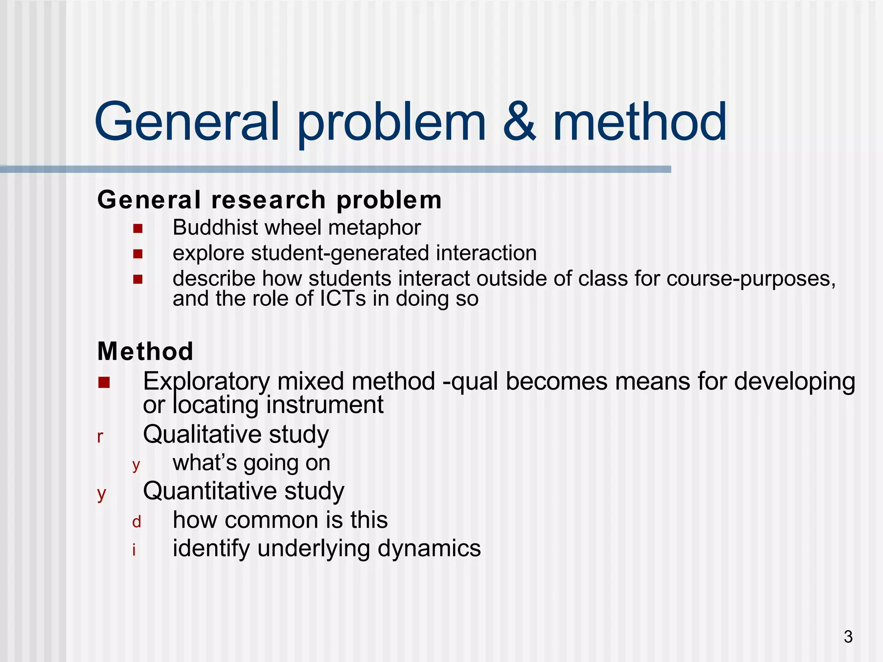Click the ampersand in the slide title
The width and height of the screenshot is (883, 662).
(520, 122)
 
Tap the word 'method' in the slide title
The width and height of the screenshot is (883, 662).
(640, 122)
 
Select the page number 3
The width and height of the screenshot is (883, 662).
(848, 637)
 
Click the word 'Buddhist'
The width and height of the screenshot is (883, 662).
(215, 228)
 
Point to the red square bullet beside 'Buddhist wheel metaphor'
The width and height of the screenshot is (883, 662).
(138, 228)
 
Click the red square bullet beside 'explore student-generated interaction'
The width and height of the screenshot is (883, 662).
(138, 254)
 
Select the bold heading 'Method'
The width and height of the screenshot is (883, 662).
(145, 351)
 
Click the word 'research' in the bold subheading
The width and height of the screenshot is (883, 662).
(268, 200)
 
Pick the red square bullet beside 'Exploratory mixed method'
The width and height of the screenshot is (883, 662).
(104, 382)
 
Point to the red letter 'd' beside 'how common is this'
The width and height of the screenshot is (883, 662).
(136, 522)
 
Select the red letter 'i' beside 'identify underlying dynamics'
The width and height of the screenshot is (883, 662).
(134, 550)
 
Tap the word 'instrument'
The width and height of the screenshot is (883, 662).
(324, 405)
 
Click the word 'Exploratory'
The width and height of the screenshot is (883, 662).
(207, 382)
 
